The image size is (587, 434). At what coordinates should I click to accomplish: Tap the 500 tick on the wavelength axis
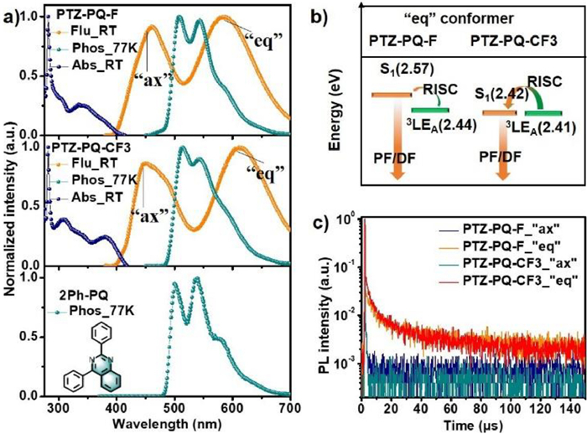point(173,410)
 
